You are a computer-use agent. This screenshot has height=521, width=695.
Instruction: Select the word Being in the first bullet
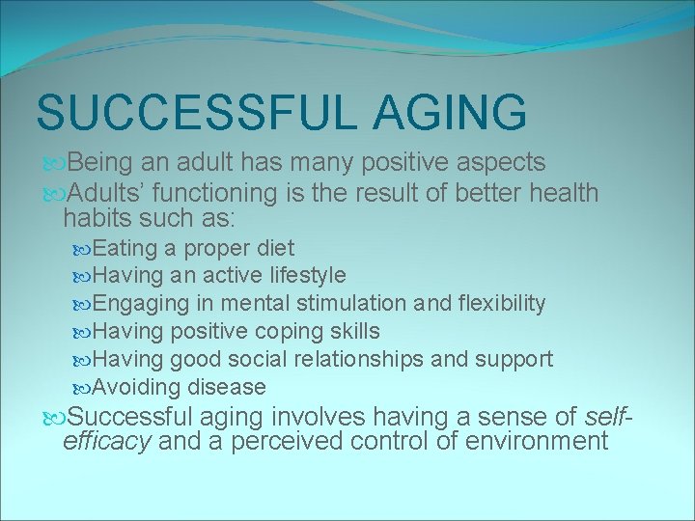[101, 163]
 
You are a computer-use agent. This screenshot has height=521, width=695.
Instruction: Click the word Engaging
[134, 304]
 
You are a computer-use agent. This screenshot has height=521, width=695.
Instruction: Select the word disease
[228, 388]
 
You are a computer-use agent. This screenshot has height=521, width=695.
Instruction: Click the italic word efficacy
[106, 442]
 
